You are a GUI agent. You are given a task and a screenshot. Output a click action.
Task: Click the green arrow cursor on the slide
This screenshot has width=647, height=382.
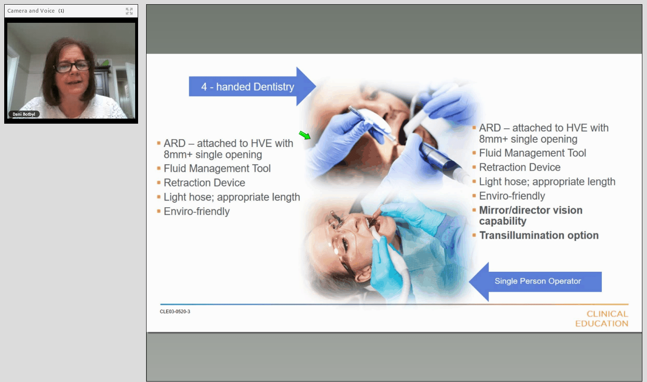[x=305, y=135]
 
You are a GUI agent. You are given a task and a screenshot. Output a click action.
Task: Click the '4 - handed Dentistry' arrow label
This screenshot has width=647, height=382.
[x=247, y=87]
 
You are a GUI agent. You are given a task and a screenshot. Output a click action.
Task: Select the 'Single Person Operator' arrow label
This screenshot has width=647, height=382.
[x=538, y=281]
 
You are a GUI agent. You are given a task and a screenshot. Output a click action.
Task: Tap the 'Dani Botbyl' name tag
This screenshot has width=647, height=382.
[x=24, y=114]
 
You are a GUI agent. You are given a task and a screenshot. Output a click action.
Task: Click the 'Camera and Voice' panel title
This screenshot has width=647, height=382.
[x=31, y=11]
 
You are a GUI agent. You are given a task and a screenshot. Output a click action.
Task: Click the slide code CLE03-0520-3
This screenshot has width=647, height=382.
[x=175, y=312]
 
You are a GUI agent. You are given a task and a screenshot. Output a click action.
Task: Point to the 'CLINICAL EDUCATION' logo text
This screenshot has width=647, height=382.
[x=602, y=319]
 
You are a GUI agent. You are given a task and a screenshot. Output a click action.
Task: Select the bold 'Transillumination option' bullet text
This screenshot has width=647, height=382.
[x=539, y=236]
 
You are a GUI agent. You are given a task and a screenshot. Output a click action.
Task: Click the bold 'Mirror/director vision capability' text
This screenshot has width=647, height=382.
[x=531, y=216]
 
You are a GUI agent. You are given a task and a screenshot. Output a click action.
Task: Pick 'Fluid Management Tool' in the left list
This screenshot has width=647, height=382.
[x=217, y=168]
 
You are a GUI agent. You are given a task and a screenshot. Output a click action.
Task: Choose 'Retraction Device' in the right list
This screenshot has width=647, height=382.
[x=520, y=167]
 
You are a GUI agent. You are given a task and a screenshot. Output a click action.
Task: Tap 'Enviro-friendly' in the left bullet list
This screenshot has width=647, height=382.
[x=197, y=211]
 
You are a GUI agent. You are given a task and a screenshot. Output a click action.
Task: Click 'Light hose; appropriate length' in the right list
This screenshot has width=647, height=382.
[x=547, y=182]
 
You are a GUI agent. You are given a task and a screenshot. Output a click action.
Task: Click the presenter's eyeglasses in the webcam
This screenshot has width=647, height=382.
[x=73, y=66]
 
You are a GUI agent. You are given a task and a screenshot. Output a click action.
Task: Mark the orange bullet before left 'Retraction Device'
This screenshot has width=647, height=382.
[x=158, y=182]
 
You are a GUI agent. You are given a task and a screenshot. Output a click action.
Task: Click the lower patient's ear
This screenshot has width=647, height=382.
[x=362, y=274]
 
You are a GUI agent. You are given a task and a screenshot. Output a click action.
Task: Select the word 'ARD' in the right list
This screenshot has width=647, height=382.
[x=490, y=128]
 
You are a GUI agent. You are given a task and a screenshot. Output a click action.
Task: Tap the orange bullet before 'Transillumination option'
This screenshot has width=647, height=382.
[x=474, y=236]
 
